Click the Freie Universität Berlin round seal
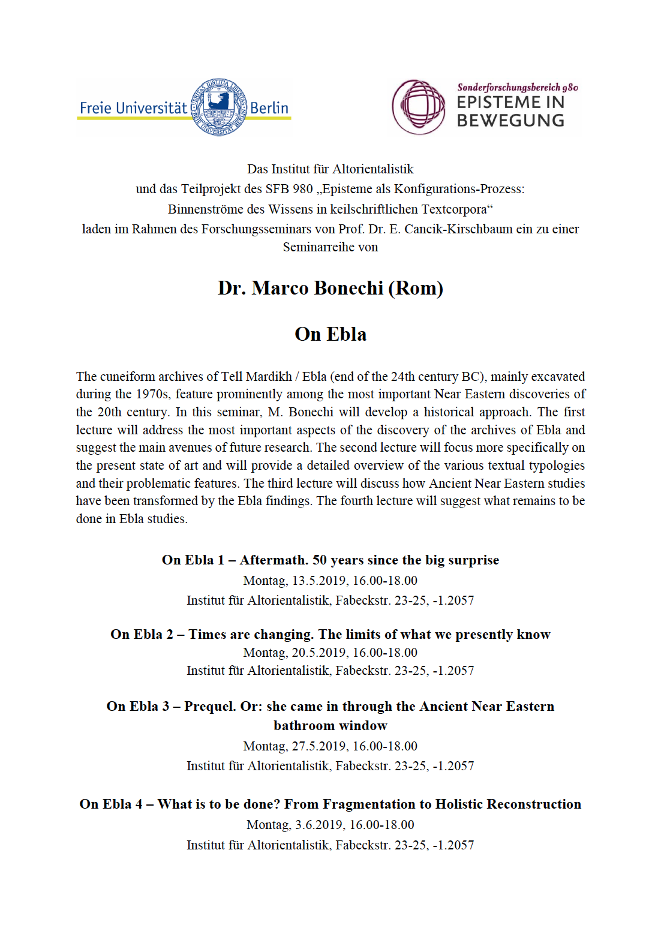coord(218,107)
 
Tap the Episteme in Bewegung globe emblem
coord(418,107)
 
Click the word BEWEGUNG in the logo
coord(510,121)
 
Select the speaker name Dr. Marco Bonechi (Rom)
coord(330,288)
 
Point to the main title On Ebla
coord(330,334)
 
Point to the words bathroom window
coord(330,726)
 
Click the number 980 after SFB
coord(303,189)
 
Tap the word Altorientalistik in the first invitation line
coord(372,169)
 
